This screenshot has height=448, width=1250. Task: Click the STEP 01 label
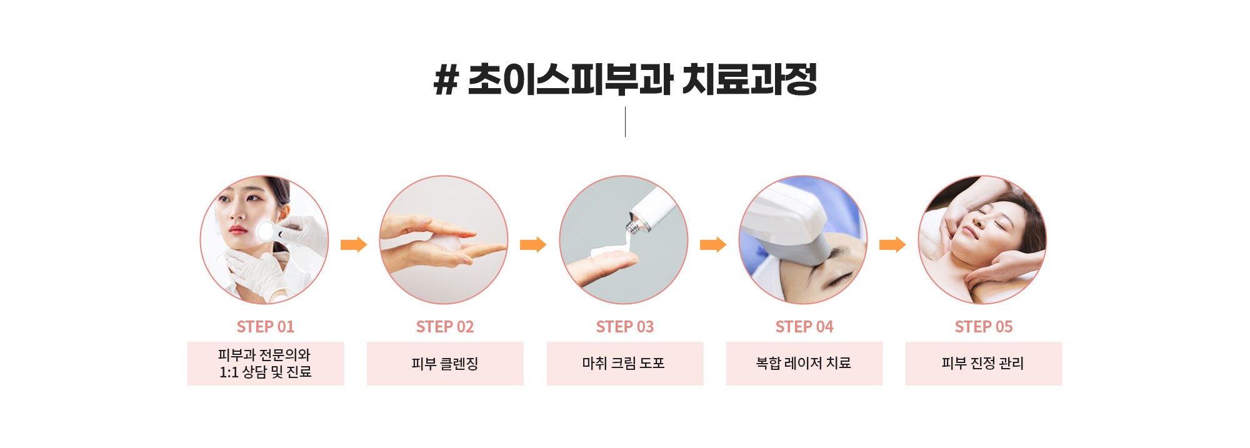(265, 327)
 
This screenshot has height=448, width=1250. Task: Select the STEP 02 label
(445, 327)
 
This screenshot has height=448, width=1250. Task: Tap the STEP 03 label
(625, 327)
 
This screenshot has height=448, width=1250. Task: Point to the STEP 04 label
(804, 327)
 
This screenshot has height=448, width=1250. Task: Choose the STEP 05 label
(984, 327)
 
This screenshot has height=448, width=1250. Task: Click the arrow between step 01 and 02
(354, 244)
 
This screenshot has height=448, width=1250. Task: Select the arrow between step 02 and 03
(533, 244)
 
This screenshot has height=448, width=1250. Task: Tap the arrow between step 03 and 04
(713, 244)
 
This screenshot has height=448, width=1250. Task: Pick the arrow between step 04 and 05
(892, 244)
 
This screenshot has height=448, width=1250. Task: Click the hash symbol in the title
(446, 81)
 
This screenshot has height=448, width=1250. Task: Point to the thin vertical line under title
(625, 122)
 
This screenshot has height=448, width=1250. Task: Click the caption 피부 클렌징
(445, 364)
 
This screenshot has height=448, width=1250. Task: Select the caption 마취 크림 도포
(624, 363)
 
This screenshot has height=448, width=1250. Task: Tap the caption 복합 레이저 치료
(804, 363)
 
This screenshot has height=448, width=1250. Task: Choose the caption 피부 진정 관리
(983, 363)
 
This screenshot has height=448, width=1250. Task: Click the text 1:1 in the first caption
(229, 372)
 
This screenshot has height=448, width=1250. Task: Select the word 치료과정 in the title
(749, 80)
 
